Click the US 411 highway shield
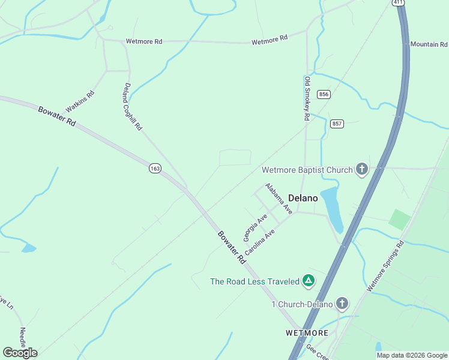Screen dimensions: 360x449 (x=399, y=2)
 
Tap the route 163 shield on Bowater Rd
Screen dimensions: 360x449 (x=155, y=169)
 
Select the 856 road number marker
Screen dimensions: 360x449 (x=324, y=94)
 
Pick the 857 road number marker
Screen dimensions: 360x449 (x=337, y=124)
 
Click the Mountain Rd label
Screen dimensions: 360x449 (x=429, y=44)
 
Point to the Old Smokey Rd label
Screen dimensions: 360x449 (x=307, y=99)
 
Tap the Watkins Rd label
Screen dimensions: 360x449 (x=80, y=101)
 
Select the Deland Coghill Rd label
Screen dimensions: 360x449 (x=133, y=107)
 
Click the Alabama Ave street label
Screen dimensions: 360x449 (x=279, y=199)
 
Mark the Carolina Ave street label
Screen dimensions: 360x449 (x=259, y=242)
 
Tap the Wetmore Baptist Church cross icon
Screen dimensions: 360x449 (x=361, y=170)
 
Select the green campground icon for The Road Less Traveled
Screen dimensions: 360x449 (x=308, y=281)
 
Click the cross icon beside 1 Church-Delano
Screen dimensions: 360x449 (x=342, y=304)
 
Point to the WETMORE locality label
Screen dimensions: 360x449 (x=307, y=332)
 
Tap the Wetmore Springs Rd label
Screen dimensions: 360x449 (x=385, y=266)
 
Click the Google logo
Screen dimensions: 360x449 (x=20, y=353)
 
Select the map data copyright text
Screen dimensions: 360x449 (x=411, y=355)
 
